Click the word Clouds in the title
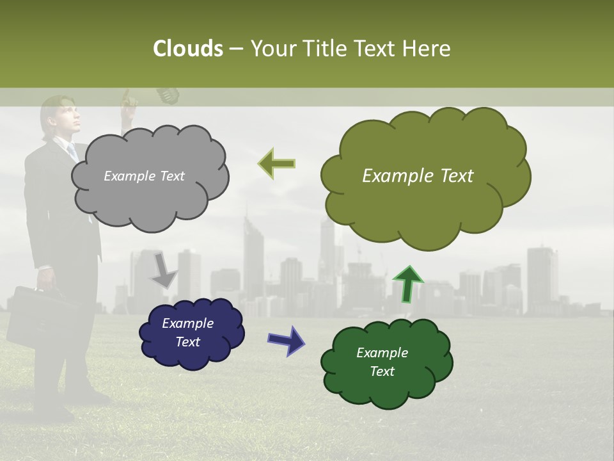tap(187, 49)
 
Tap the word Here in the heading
tap(427, 49)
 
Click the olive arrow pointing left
tap(276, 163)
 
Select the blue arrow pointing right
tap(286, 339)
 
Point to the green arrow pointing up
tap(407, 284)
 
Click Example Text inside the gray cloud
tap(144, 176)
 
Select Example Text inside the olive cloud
tap(418, 176)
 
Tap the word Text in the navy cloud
tap(187, 342)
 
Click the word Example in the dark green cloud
tap(382, 353)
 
